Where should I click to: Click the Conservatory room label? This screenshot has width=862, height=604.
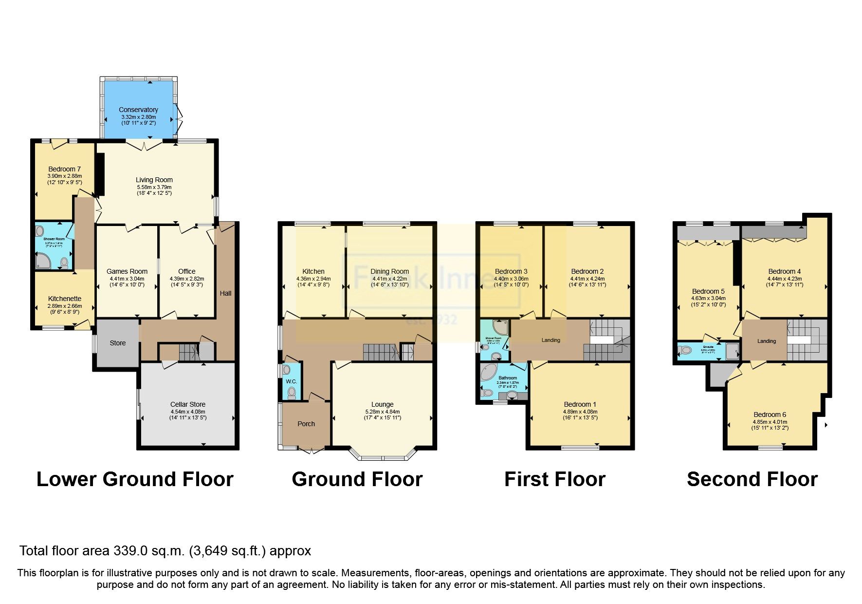click(138, 110)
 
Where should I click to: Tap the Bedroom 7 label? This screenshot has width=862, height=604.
click(64, 169)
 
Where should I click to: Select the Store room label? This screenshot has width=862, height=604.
click(117, 343)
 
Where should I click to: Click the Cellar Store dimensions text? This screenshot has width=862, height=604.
click(188, 415)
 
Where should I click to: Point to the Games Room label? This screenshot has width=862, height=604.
click(127, 271)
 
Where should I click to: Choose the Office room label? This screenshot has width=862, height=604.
click(186, 271)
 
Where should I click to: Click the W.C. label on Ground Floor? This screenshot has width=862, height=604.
click(291, 381)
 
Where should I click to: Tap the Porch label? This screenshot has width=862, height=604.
click(306, 424)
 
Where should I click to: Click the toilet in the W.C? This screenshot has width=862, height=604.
click(292, 393)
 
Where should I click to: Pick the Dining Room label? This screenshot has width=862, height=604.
click(389, 271)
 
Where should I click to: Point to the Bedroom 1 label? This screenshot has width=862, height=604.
click(580, 404)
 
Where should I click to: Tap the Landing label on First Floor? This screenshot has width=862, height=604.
click(551, 340)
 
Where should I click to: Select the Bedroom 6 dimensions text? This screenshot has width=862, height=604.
click(770, 425)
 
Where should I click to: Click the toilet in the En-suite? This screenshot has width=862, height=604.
click(686, 350)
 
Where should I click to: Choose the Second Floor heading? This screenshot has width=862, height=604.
click(752, 479)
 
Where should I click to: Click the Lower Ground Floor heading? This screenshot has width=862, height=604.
click(135, 479)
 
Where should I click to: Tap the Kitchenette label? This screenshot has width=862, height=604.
click(64, 299)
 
